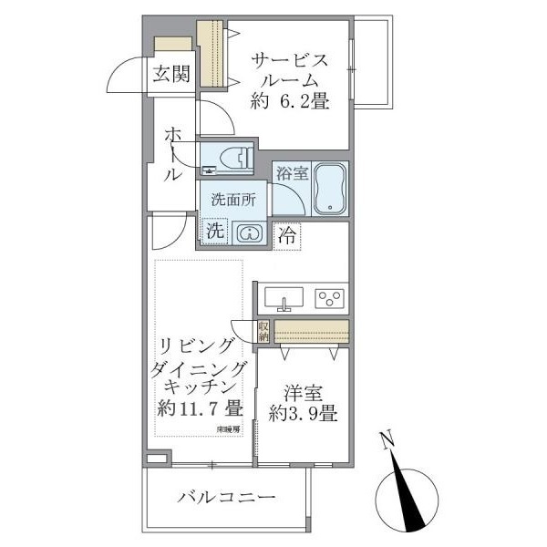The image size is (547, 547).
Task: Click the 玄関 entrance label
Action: [x=171, y=75]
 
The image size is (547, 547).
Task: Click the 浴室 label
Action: [x=291, y=170]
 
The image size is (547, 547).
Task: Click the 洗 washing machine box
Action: [x=213, y=232]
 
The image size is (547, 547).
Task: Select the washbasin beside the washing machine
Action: [x=248, y=233]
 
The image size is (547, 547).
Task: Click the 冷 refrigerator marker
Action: [x=287, y=233]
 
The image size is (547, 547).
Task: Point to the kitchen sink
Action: [x=284, y=298]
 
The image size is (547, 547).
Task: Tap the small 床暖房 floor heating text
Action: [x=228, y=428]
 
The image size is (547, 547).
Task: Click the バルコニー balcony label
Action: [x=225, y=498]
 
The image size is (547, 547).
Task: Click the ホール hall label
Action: [x=173, y=155]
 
